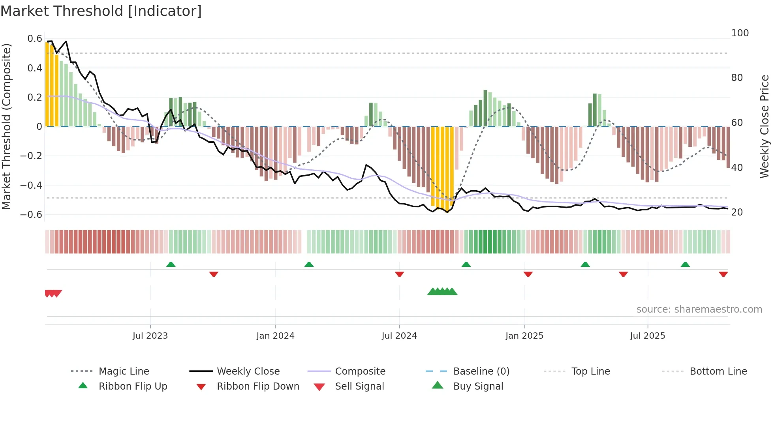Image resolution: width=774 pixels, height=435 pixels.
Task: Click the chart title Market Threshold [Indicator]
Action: pos(101,11)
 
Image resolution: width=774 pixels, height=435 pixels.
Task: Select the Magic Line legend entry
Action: pos(124,371)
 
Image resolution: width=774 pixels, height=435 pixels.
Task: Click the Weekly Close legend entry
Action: pos(248,371)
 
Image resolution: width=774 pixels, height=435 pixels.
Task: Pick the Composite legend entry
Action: pos(360,371)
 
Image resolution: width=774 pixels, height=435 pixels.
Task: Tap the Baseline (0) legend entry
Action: pos(481,371)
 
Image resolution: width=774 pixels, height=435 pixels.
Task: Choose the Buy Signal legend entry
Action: pos(478,386)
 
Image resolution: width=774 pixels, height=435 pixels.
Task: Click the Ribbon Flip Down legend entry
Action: pos(257,386)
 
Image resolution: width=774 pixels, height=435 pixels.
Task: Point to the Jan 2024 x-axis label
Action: pos(275,336)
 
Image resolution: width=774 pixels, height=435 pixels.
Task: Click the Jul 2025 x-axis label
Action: pos(647,336)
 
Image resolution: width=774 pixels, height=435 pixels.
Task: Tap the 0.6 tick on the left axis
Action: pos(35,39)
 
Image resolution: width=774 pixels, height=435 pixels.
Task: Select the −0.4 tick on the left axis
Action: pos(31,185)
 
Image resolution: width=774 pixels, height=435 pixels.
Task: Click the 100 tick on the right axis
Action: pos(740,33)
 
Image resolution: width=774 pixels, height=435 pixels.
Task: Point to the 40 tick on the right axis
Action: pos(737,168)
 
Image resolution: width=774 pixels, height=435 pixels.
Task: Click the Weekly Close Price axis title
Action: pos(765,126)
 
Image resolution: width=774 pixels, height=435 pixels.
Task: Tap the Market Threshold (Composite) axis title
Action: pos(6,126)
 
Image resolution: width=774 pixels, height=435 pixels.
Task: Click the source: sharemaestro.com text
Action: pos(699,309)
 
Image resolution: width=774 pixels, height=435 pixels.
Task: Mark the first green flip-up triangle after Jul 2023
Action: pos(171,264)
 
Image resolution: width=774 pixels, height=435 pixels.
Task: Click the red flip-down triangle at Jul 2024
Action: pos(399,274)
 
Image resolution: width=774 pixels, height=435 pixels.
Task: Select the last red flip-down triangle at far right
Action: pos(723,274)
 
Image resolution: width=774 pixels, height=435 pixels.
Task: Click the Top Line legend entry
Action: pos(590,371)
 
